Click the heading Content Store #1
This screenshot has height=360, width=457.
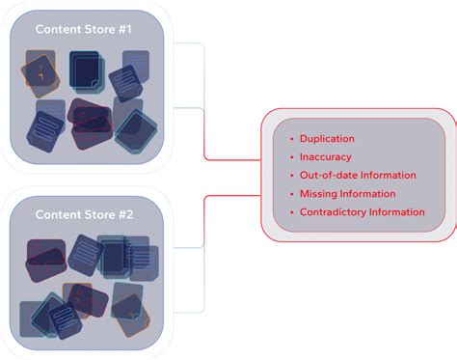(83, 29)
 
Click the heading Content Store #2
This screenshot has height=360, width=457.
(83, 213)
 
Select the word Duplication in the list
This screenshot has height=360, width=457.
(327, 139)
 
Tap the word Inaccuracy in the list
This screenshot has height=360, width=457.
(325, 156)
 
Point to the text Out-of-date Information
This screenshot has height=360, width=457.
(358, 175)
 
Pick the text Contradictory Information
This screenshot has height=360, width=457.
(362, 211)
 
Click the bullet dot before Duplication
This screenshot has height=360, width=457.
(290, 139)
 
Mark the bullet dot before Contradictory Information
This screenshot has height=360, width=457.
(290, 211)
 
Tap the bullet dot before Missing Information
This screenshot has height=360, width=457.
(290, 193)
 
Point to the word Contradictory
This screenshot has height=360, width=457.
(333, 211)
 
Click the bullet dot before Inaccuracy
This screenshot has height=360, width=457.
(290, 156)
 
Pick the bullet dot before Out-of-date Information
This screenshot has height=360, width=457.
(290, 175)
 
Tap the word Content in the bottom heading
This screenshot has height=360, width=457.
(57, 213)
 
